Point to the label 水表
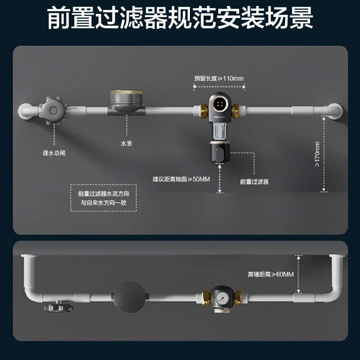(x=126, y=144)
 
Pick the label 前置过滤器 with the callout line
(x=254, y=182)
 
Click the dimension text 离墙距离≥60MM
(x=270, y=274)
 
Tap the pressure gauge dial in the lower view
(x=221, y=298)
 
